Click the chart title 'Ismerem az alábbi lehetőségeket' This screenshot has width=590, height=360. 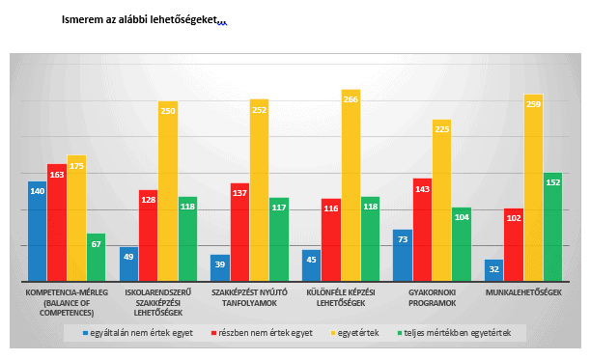(140, 19)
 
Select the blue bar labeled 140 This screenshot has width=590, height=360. (38, 231)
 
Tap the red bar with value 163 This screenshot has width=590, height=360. (57, 222)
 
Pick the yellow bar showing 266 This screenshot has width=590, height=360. (351, 185)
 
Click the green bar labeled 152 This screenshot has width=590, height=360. (552, 227)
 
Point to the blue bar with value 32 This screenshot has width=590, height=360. (494, 270)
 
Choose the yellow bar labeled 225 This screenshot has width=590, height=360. (441, 200)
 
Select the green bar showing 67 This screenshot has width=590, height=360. (96, 258)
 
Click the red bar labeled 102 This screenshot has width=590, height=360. (514, 244)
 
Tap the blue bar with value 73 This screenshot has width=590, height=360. (403, 256)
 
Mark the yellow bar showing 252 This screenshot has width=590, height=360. (259, 190)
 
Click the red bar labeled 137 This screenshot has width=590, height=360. (239, 232)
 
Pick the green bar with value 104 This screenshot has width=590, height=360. (462, 244)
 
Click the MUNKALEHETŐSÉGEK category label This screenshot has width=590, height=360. (523, 292)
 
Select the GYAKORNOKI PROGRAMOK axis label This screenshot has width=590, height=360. (432, 298)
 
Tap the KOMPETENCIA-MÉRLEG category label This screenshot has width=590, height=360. (67, 303)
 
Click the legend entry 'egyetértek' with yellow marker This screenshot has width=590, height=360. (354, 333)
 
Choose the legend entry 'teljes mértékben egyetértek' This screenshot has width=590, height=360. (454, 333)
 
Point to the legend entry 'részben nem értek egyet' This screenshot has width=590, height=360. (262, 333)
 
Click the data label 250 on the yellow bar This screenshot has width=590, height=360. (168, 111)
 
